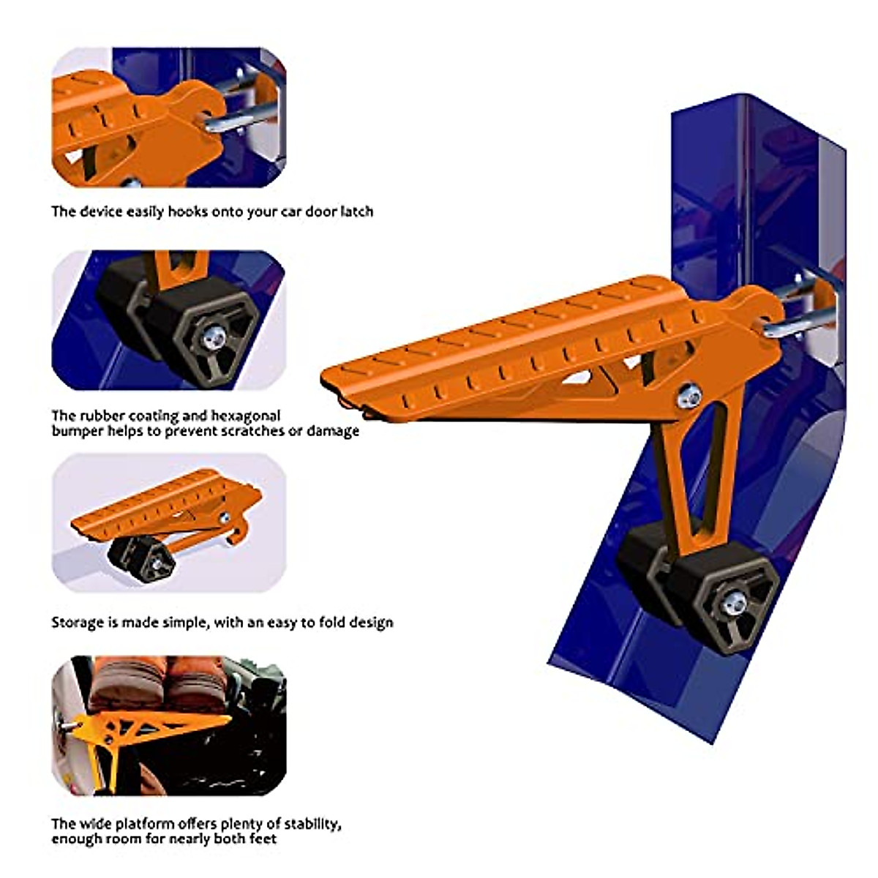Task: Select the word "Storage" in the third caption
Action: tap(77, 623)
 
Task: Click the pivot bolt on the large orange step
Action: tap(688, 396)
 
